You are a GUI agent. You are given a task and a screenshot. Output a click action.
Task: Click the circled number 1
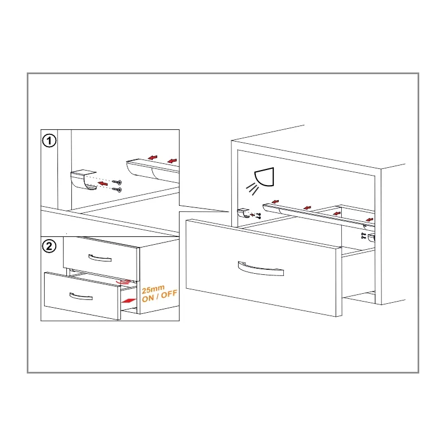click(49, 141)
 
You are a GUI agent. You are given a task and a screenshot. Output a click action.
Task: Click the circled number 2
click(49, 246)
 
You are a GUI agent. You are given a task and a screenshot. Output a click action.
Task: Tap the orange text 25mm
click(153, 289)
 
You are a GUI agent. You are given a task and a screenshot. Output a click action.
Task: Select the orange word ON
click(148, 298)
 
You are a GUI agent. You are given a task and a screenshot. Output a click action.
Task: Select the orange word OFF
click(169, 294)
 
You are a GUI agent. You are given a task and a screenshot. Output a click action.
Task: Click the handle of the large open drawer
click(261, 269)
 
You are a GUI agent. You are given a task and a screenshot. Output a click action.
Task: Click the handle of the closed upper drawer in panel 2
click(100, 258)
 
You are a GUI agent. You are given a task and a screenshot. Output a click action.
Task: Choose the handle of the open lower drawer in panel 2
click(81, 297)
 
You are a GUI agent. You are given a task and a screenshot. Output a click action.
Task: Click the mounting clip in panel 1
click(83, 180)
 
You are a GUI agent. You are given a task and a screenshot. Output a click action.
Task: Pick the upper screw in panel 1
click(117, 182)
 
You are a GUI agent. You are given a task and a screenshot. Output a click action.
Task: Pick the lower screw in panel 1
click(117, 189)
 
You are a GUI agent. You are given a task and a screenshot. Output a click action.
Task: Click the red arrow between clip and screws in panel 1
click(103, 183)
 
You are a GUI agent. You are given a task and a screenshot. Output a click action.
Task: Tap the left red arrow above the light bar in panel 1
click(153, 158)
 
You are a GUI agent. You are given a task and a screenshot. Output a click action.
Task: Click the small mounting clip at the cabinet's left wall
click(243, 213)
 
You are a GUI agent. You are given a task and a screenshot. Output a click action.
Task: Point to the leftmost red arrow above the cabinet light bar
click(275, 202)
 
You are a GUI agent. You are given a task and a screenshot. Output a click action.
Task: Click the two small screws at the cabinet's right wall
click(363, 235)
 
